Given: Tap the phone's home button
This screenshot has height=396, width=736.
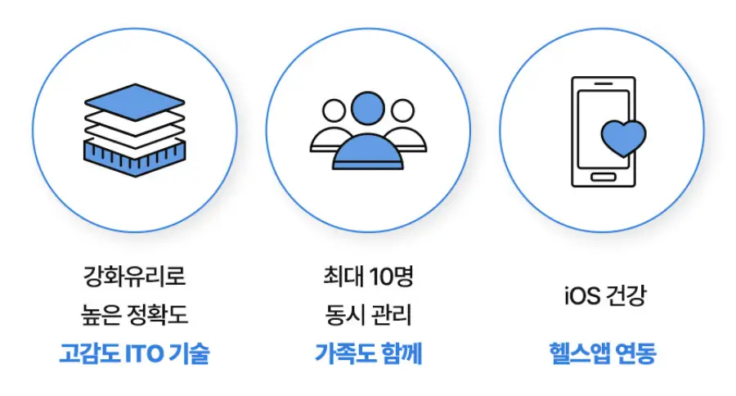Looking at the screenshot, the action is [x=602, y=177].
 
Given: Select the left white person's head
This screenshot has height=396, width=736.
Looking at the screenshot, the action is [x=334, y=110].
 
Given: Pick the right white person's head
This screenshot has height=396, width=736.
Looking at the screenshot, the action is [x=402, y=110].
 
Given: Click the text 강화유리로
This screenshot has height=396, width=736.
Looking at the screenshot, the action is [x=134, y=277].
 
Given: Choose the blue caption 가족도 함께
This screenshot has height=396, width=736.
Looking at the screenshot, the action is [x=368, y=354].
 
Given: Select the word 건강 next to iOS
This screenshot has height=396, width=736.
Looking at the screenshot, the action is [x=626, y=295].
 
